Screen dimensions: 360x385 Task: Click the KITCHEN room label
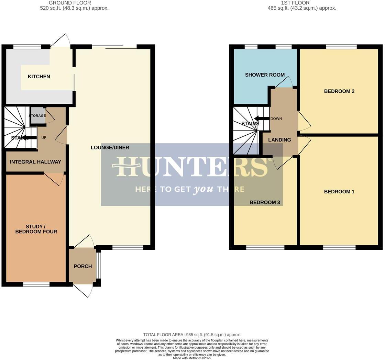click(x=39, y=77)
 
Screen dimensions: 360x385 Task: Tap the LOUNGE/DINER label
click(x=110, y=148)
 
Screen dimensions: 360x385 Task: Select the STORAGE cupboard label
click(x=37, y=116)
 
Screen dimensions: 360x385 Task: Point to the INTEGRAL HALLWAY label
click(x=35, y=162)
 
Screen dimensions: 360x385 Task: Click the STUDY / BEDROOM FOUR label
click(x=36, y=229)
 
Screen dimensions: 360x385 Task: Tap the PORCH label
click(x=83, y=266)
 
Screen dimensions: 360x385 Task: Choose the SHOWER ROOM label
click(x=265, y=75)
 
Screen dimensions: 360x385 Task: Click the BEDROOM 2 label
click(x=339, y=91)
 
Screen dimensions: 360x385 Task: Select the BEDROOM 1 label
click(x=339, y=192)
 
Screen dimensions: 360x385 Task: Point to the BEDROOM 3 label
click(x=265, y=202)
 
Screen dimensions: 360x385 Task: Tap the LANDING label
click(x=279, y=140)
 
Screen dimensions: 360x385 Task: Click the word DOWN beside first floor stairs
click(x=276, y=119)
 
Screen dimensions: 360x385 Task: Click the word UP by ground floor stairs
click(x=44, y=138)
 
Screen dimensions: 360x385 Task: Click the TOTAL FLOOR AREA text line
click(x=192, y=335)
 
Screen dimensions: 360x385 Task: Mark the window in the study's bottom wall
click(x=36, y=284)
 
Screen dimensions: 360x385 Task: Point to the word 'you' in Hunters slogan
click(x=203, y=189)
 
